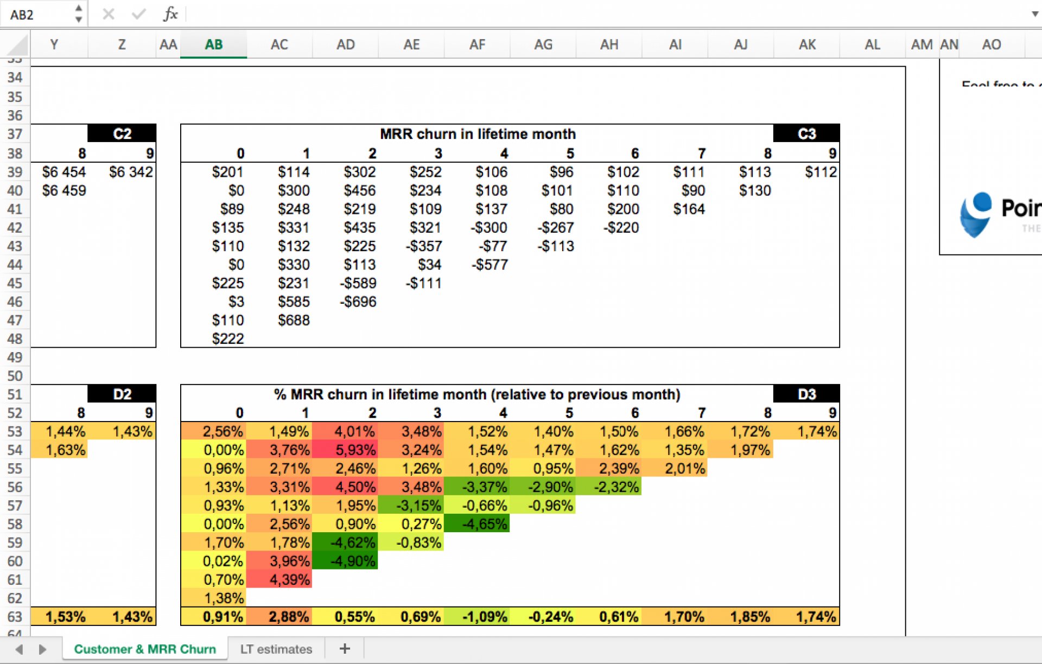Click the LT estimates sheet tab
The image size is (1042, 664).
[276, 649]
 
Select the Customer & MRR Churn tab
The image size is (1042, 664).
[145, 649]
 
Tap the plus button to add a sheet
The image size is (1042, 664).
[345, 648]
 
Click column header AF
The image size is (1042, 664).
[477, 44]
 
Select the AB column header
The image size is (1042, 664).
[213, 44]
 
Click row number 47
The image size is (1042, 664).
[15, 320]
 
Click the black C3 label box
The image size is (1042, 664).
[806, 133]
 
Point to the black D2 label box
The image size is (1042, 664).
[122, 394]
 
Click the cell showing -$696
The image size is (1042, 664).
[358, 302]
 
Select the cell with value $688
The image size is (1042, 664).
[294, 320]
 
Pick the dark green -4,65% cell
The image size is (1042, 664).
[476, 524]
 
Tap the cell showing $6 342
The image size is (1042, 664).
[131, 172]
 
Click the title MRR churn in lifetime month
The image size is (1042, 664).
[478, 133]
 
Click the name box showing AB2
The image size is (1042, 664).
[38, 14]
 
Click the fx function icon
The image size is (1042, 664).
[170, 14]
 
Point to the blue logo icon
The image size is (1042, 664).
[975, 214]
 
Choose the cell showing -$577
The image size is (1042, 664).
[490, 265]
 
